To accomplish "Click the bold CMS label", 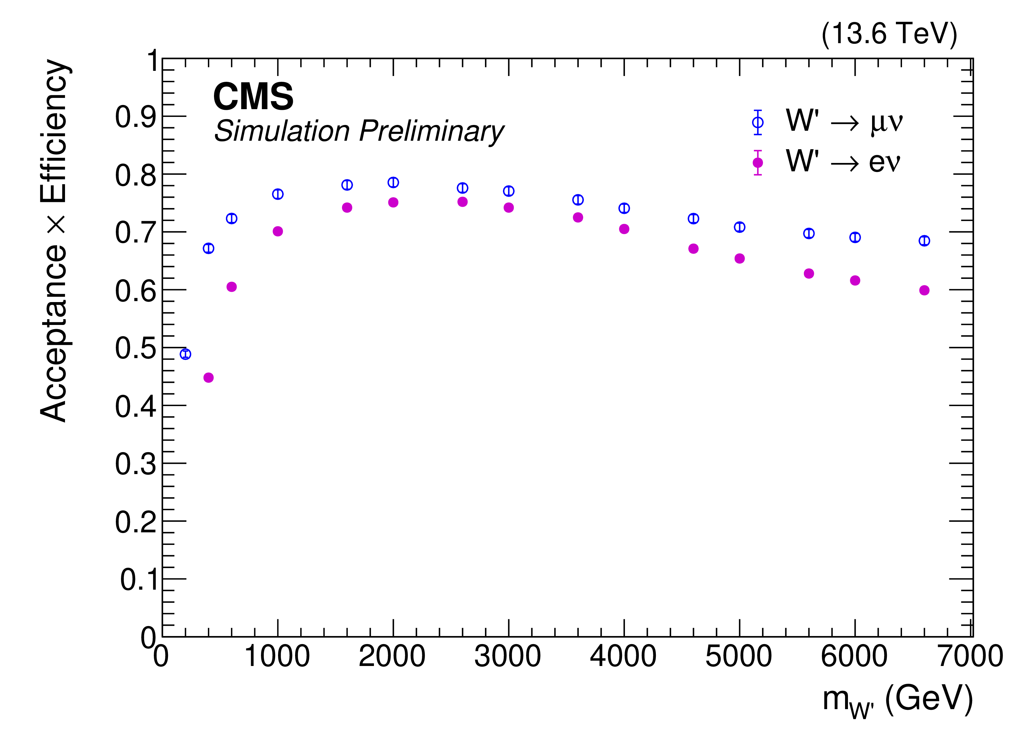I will click(x=253, y=97).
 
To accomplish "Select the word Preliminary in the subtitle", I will click(x=432, y=131).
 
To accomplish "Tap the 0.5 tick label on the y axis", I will click(x=135, y=348).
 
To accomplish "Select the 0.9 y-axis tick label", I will click(x=135, y=117).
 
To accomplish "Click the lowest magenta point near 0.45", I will click(x=208, y=378).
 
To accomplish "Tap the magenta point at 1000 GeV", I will click(x=278, y=231).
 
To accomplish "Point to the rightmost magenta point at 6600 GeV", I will click(x=924, y=290).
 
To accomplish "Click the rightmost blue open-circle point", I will click(x=924, y=241).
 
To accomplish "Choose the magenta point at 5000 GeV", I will click(x=740, y=259).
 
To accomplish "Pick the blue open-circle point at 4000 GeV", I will click(x=624, y=208).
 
